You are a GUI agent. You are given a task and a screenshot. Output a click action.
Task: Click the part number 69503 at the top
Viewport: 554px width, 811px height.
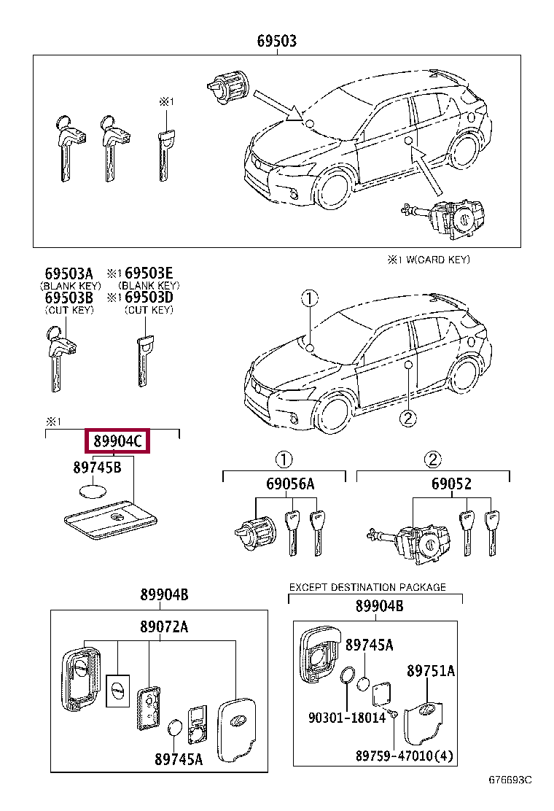tap(276, 42)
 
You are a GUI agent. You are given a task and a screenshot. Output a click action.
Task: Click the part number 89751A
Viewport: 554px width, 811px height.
tap(430, 670)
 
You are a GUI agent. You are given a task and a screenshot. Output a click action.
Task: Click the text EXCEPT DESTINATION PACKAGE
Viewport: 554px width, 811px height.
tap(367, 587)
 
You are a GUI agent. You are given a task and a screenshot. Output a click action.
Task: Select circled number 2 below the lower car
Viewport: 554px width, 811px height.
tap(407, 418)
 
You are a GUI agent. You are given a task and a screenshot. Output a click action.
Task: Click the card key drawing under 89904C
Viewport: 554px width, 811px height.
tap(109, 521)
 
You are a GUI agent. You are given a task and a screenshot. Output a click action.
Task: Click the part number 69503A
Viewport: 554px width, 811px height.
tap(69, 274)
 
